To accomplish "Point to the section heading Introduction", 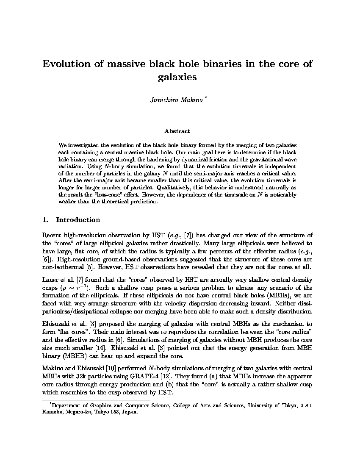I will tap(78, 220).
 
